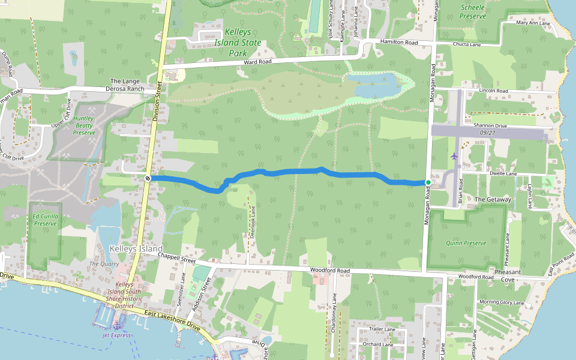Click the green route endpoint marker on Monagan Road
pos(428,182)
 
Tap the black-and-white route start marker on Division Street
pos(147,178)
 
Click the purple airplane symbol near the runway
pos(454,156)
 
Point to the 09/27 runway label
pos(487,133)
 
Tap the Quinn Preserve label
pos(466,244)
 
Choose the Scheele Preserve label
pos(472,11)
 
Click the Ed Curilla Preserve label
pos(45,220)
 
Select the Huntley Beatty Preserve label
pos(84,125)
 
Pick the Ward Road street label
pos(257,62)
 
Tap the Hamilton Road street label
pos(399,43)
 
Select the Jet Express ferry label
pos(116,335)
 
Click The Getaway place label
pos(493,199)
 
